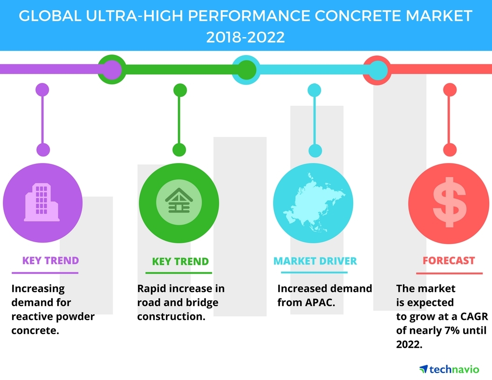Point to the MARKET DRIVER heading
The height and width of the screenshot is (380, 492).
tap(315, 261)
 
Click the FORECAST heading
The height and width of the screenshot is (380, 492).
tap(449, 261)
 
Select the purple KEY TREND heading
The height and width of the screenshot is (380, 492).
tap(50, 260)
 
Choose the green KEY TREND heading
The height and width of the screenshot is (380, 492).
tap(180, 261)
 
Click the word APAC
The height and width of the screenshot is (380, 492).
tap(320, 303)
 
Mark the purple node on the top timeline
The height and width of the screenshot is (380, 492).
tap(110, 70)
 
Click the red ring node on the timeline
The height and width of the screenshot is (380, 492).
tap(376, 70)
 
